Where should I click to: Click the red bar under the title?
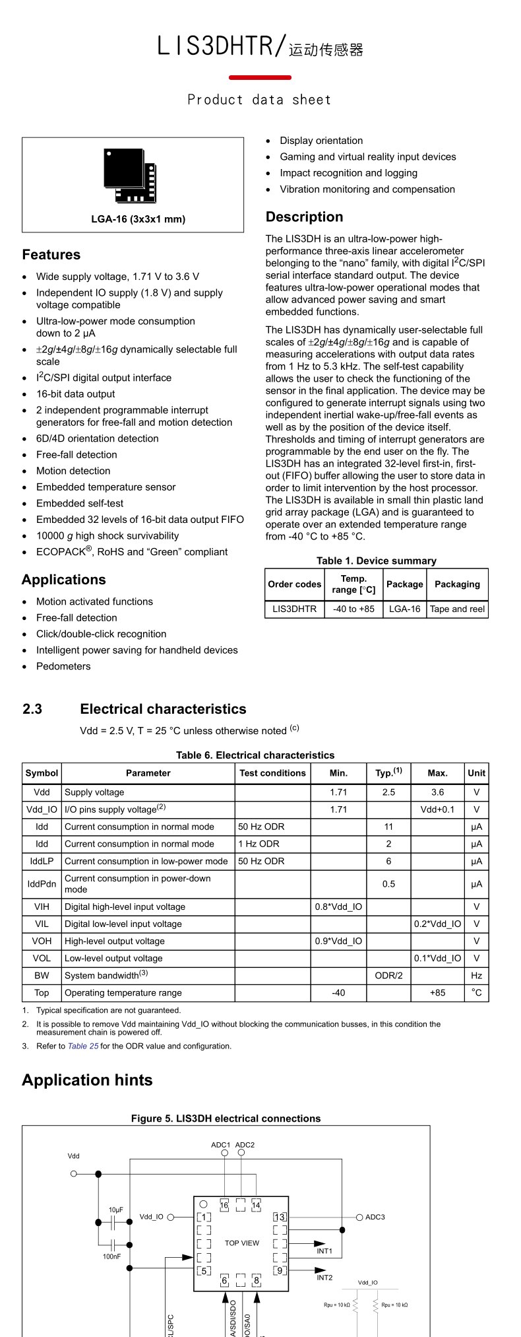(x=260, y=77)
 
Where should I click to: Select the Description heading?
(x=304, y=217)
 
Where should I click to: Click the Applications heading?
(x=64, y=580)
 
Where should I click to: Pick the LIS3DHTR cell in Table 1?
(x=294, y=609)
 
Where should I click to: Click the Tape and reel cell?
(x=457, y=609)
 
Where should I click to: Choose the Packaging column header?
(x=457, y=584)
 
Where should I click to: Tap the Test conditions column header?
(x=272, y=773)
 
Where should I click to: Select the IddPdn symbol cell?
(x=42, y=884)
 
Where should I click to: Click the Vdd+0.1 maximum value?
(x=437, y=809)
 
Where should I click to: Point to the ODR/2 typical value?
(x=388, y=975)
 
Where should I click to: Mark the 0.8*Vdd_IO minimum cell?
(x=338, y=907)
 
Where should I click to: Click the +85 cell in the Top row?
(x=437, y=992)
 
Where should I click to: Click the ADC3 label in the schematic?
(x=375, y=1217)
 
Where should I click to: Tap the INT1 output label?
(x=324, y=1251)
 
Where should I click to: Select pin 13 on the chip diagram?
(x=280, y=1217)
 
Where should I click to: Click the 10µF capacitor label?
(x=116, y=1210)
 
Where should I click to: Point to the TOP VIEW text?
(x=242, y=1243)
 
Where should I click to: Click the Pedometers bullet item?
(x=63, y=666)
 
